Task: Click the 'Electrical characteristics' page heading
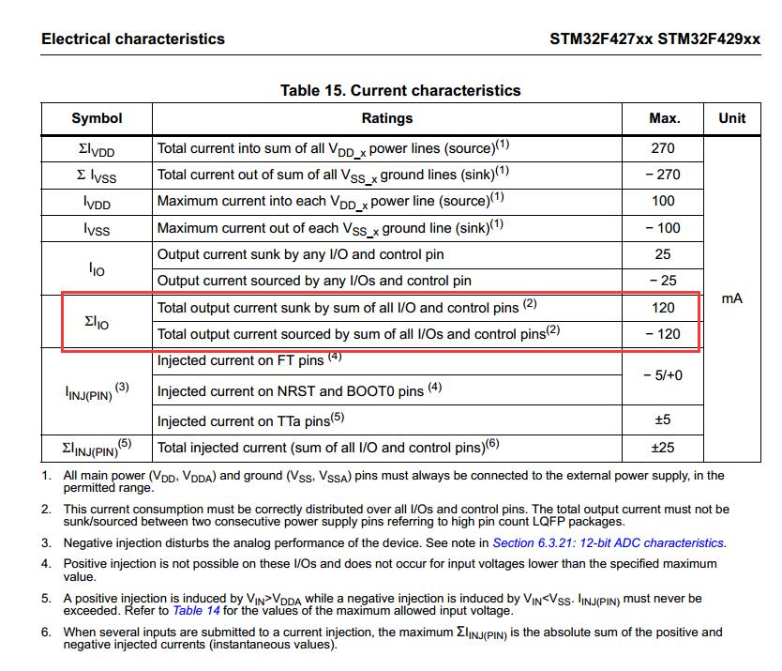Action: pos(133,39)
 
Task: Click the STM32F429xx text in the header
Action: pos(709,39)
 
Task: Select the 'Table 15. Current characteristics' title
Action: pos(400,91)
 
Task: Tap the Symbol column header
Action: pos(97,118)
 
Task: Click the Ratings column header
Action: pos(386,118)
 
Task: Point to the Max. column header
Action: pos(664,118)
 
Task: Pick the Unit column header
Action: pos(731,118)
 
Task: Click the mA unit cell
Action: pos(731,298)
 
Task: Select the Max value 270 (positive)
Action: pos(663,148)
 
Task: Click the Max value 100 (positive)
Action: pos(663,201)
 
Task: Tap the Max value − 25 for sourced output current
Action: pos(663,281)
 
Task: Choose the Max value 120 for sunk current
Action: pos(663,307)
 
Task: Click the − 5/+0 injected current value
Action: pos(663,375)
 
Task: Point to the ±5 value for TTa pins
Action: pos(663,419)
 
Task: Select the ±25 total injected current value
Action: pos(663,448)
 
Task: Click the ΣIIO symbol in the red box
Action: pos(96,322)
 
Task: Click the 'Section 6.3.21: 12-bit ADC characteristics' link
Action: pos(608,542)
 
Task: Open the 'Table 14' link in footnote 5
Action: pos(195,610)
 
